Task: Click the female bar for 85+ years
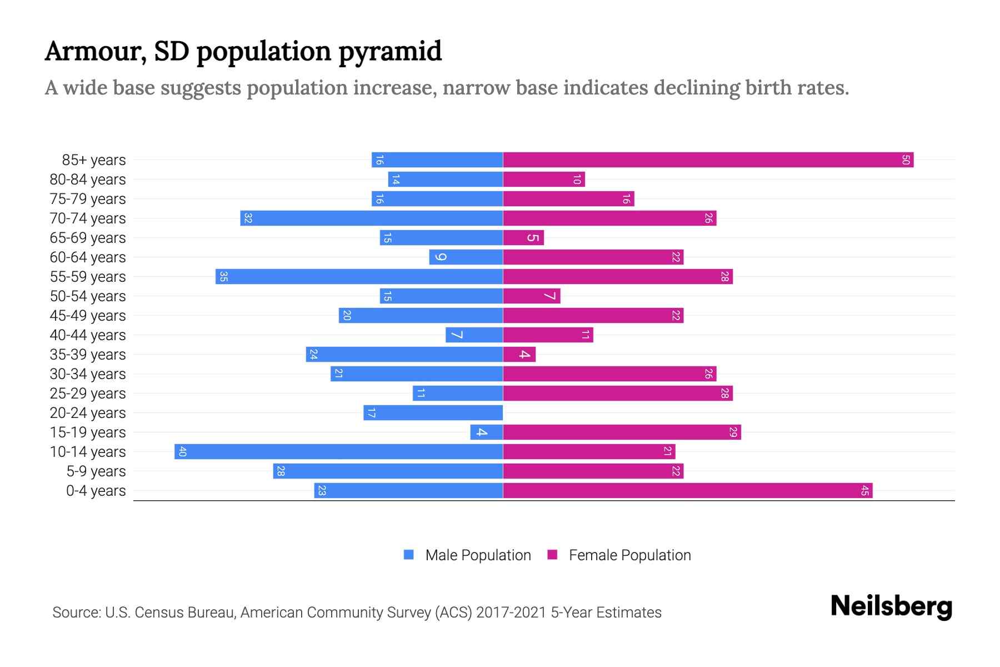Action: pyautogui.click(x=708, y=160)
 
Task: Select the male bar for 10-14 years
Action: pyautogui.click(x=339, y=452)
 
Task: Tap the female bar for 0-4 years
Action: pyautogui.click(x=688, y=491)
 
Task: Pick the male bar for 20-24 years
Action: pyautogui.click(x=433, y=413)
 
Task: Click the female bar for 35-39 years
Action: pyautogui.click(x=519, y=355)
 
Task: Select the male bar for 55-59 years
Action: pyautogui.click(x=359, y=277)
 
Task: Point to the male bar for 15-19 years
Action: pyautogui.click(x=487, y=432)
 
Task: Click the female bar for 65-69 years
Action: pyautogui.click(x=523, y=238)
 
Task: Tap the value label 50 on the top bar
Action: pyautogui.click(x=906, y=160)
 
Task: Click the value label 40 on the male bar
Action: pyautogui.click(x=182, y=452)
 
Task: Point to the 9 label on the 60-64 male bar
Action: pyautogui.click(x=441, y=257)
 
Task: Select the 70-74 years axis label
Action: pyautogui.click(x=88, y=218)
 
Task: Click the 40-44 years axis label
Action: pyautogui.click(x=88, y=335)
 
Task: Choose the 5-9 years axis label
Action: pyautogui.click(x=96, y=471)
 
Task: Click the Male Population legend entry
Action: pyautogui.click(x=478, y=555)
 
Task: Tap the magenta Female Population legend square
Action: pyautogui.click(x=552, y=555)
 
